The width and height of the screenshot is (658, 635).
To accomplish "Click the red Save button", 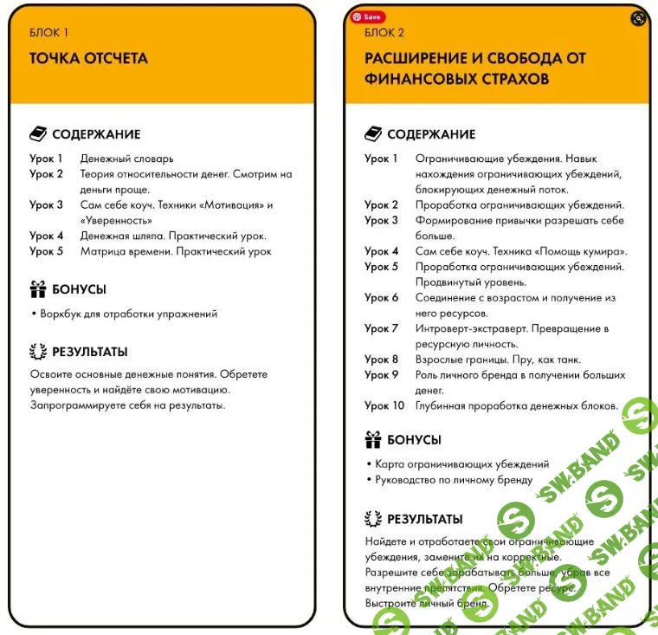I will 367,16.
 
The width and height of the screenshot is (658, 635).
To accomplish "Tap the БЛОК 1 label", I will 48,33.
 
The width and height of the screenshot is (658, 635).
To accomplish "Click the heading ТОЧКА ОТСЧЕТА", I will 88,59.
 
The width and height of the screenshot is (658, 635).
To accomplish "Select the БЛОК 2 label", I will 384,33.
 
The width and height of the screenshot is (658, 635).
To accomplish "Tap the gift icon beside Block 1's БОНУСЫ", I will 37,289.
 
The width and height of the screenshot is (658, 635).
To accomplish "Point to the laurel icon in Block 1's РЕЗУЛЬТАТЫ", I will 37,352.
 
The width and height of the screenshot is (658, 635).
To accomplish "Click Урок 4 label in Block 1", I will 47,236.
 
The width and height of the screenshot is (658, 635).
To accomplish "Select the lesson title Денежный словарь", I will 126,159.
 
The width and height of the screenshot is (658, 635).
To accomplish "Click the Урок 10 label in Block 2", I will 384,405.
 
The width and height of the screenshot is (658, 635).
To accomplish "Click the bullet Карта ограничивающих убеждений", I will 461,464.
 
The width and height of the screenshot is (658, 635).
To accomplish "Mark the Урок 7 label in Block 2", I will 382,328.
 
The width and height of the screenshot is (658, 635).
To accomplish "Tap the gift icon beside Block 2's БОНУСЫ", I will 373,439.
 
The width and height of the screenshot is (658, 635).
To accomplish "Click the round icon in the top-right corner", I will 638,18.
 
